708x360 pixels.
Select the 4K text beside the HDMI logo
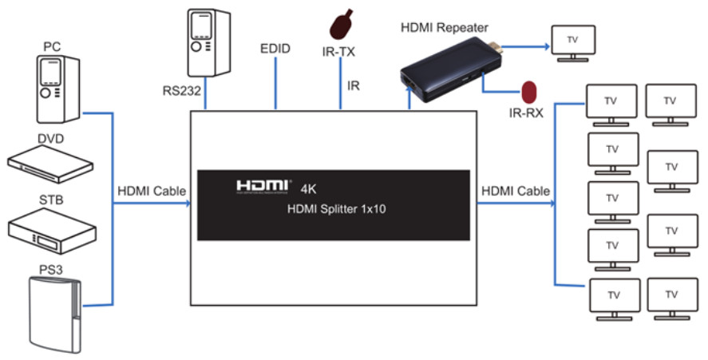[310, 189]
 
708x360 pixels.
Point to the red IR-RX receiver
[527, 90]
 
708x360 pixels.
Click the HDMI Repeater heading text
[444, 29]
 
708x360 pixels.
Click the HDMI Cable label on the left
[152, 191]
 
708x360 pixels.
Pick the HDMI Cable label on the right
[516, 191]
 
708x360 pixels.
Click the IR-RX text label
[526, 113]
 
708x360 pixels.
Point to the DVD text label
[50, 138]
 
